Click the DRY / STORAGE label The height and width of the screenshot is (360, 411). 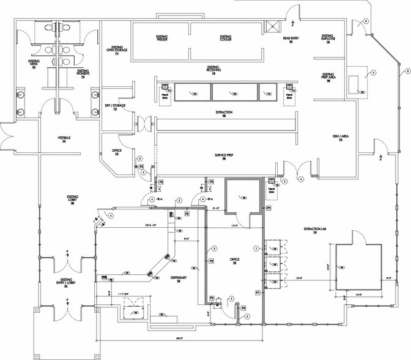tap(115, 105)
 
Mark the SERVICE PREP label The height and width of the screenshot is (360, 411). tap(225, 156)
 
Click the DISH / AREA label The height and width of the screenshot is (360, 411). tap(340, 137)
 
